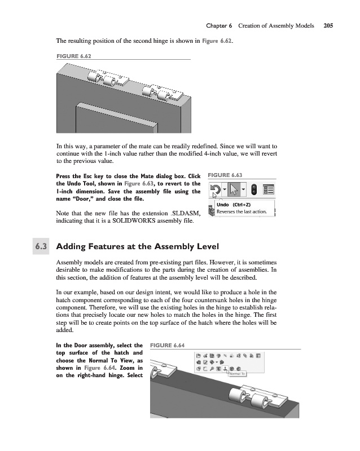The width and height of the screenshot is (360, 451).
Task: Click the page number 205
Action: point(328,25)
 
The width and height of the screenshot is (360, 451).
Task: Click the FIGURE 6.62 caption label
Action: point(74,56)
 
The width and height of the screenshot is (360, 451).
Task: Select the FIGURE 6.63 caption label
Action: point(225,175)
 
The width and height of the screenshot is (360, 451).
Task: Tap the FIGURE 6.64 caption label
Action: point(168,345)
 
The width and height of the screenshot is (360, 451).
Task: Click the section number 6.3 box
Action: point(41,246)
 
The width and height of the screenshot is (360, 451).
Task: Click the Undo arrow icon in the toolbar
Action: point(216,189)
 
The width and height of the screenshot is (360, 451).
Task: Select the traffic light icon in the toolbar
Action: point(254,189)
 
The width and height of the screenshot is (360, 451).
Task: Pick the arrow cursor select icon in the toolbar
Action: point(234,189)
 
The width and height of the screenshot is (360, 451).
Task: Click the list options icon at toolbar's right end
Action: point(269,189)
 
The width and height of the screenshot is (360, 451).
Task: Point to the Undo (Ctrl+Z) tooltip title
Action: point(234,205)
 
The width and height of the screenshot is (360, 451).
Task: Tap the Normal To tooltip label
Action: point(237,374)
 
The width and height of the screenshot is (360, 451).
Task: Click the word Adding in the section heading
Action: point(71,247)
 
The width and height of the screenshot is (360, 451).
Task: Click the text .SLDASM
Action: point(185,213)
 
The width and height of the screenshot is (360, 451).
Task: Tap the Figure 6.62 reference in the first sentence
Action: point(217,41)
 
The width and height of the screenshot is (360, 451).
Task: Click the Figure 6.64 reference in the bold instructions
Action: point(99,368)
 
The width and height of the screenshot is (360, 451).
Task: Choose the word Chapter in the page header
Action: point(216,26)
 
